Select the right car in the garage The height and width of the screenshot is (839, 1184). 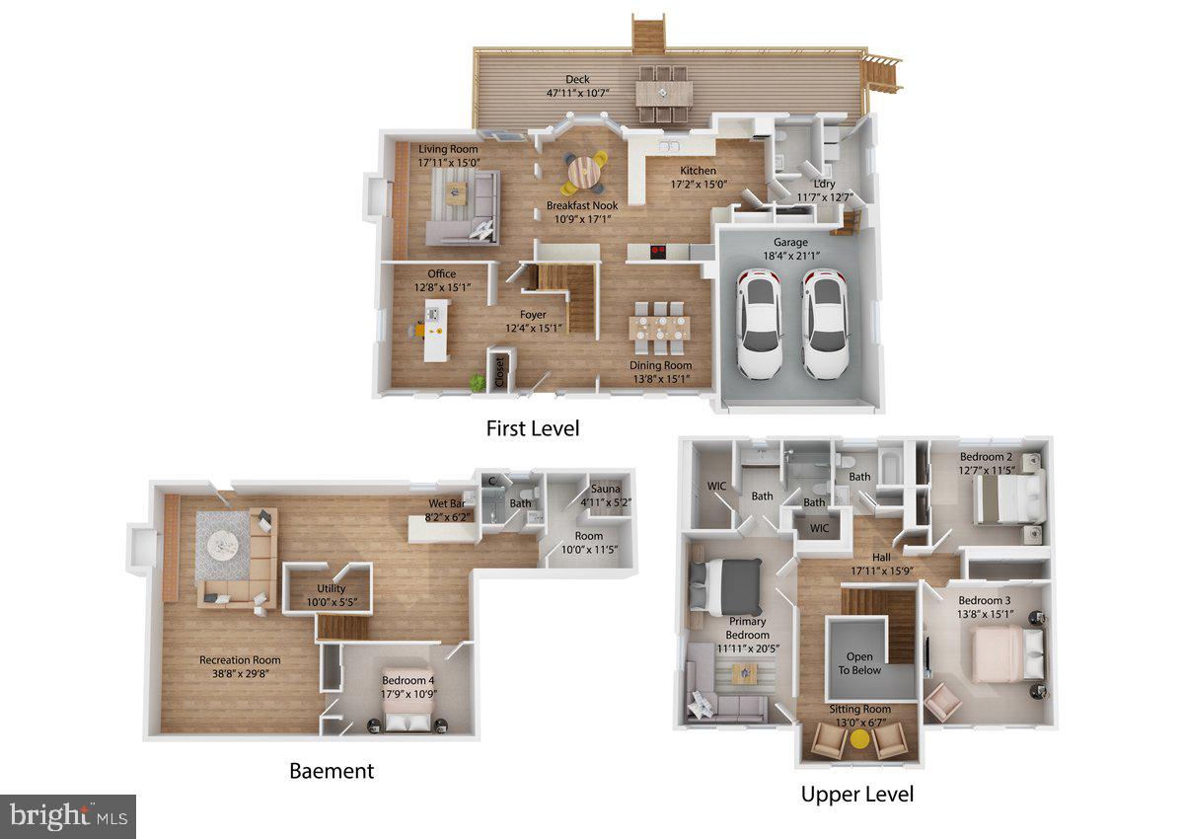825,326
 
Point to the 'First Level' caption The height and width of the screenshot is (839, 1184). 532,428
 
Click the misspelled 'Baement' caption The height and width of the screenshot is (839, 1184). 332,771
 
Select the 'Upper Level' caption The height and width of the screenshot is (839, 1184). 856,794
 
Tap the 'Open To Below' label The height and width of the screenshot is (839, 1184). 860,663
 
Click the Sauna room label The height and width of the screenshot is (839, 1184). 605,489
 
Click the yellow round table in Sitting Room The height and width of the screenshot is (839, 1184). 859,739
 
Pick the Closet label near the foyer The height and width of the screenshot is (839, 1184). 500,372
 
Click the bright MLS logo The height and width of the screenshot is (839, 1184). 67,816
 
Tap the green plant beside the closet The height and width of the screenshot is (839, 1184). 478,381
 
